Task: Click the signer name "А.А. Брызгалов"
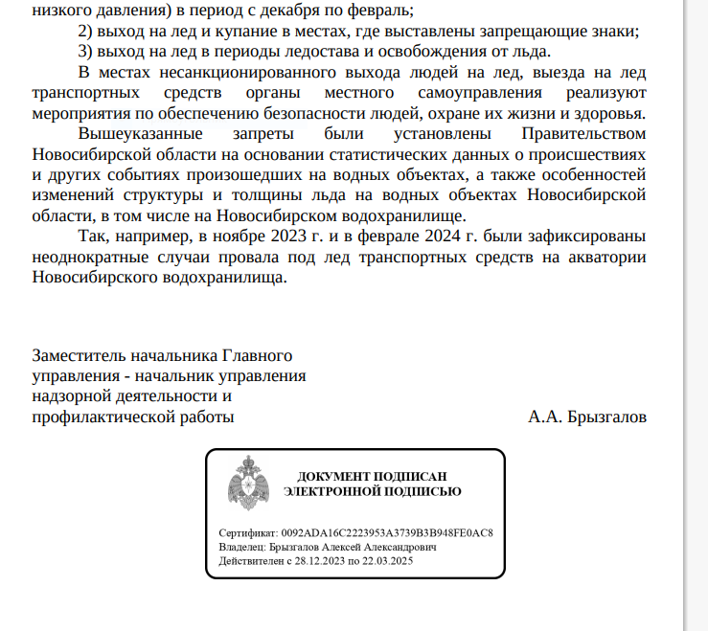point(587,417)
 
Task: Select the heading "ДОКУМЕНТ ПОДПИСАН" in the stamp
point(372,477)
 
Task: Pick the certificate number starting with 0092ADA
point(387,532)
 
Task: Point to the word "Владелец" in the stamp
point(242,546)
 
